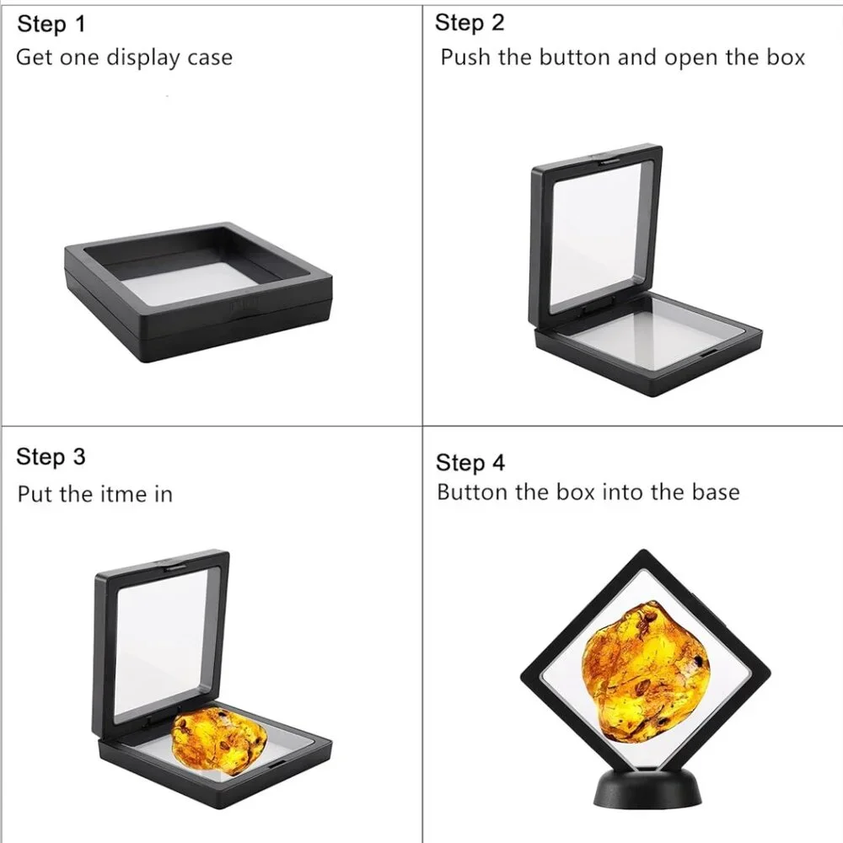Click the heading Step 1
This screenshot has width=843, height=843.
(51, 24)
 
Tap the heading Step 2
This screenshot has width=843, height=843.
(470, 23)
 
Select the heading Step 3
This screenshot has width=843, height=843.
(51, 456)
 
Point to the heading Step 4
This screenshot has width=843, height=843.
(470, 462)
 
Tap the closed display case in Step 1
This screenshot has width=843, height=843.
(198, 293)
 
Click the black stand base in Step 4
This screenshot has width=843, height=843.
(647, 789)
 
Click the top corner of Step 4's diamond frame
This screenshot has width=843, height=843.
(643, 550)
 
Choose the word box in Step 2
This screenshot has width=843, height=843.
(786, 57)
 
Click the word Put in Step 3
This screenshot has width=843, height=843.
(35, 494)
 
